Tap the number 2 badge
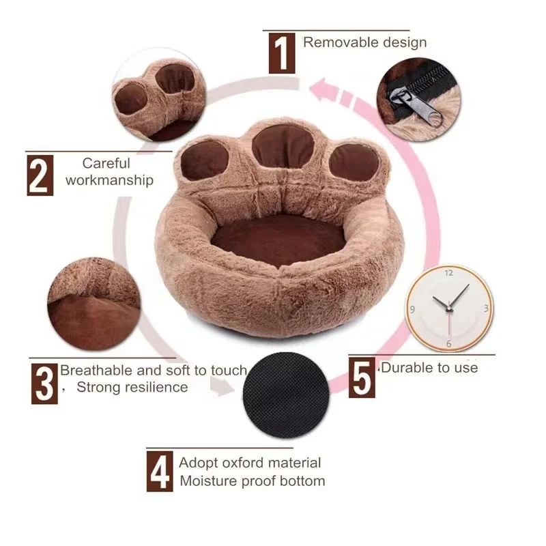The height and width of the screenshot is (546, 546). [40, 175]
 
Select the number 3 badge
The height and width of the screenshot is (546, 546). [44, 383]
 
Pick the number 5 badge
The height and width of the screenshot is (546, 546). [362, 377]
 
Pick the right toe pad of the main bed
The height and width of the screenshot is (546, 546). [354, 164]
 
